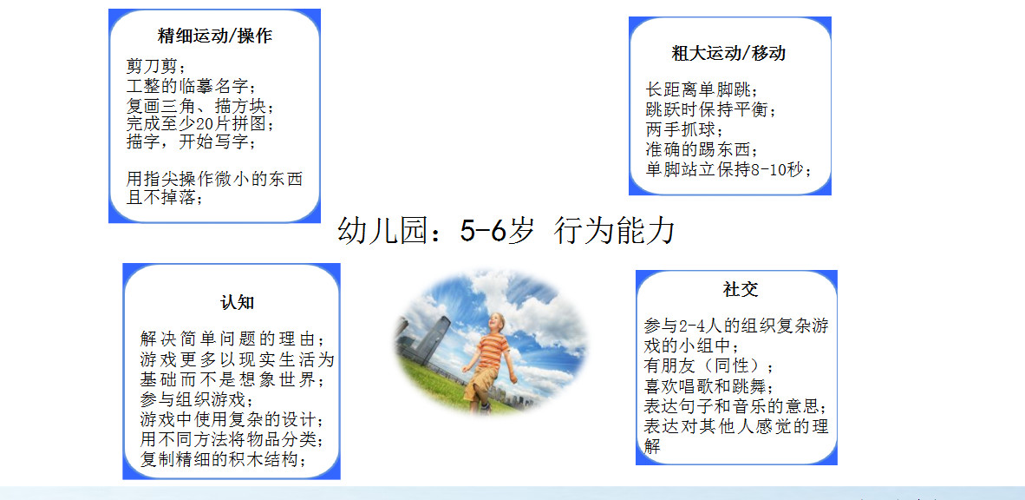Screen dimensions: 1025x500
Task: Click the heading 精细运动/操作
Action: [x=215, y=36]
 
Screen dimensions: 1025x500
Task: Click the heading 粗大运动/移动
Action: [x=728, y=53]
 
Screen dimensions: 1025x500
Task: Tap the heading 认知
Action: [x=238, y=302]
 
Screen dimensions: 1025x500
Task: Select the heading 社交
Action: [x=741, y=288]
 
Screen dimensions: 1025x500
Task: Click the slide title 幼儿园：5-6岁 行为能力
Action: [x=506, y=231]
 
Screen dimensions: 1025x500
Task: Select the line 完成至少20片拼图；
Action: [x=199, y=123]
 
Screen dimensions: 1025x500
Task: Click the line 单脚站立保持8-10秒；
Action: [x=729, y=169]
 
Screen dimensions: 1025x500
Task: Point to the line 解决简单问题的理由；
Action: [x=232, y=339]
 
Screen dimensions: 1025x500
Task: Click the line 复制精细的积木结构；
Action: [x=224, y=458]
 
